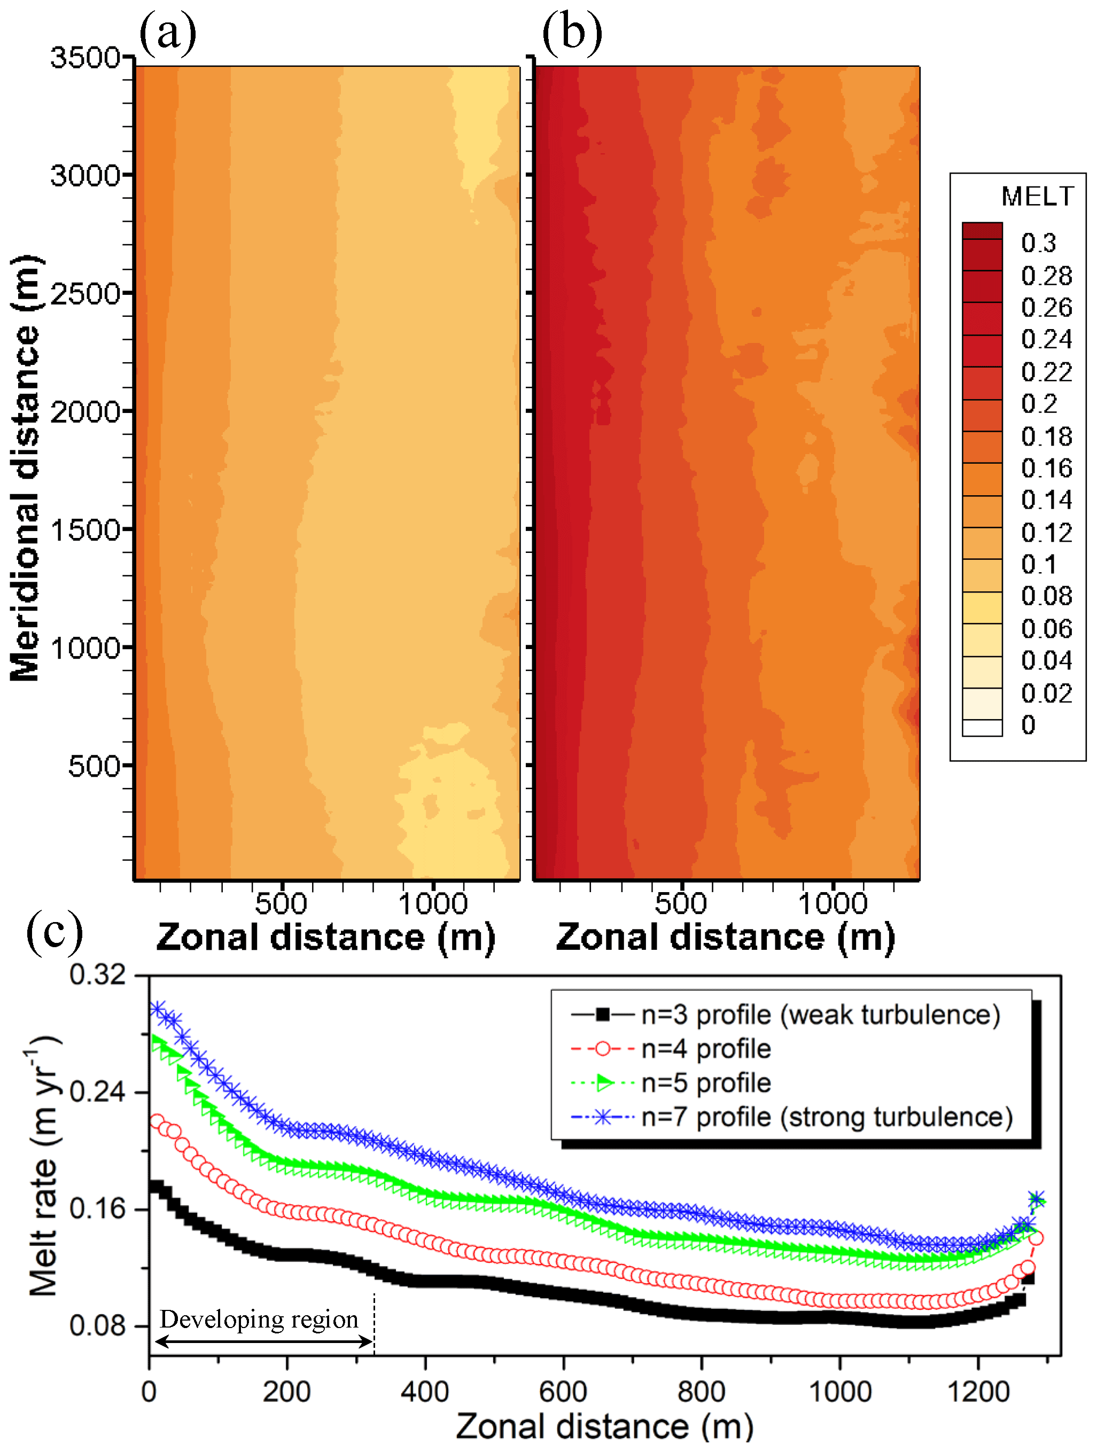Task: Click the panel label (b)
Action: [x=571, y=33]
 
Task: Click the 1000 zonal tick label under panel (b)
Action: [x=833, y=903]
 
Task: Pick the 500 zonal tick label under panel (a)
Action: [x=281, y=903]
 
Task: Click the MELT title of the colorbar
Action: [x=1037, y=196]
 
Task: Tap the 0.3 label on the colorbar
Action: [x=1039, y=243]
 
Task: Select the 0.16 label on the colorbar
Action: [x=1046, y=468]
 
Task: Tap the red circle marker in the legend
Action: [x=603, y=1049]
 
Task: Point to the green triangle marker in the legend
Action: [x=604, y=1083]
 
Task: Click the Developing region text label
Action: [x=259, y=1319]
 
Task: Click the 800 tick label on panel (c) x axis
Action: [x=701, y=1392]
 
